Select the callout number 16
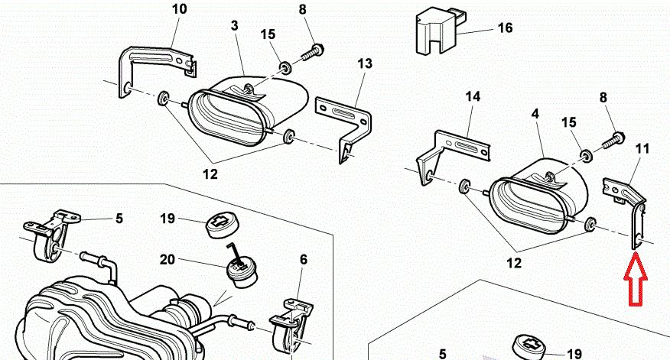click(505, 29)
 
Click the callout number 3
click(235, 27)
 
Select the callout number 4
click(535, 114)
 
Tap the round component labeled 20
click(241, 271)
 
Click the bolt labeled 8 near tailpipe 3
click(309, 54)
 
